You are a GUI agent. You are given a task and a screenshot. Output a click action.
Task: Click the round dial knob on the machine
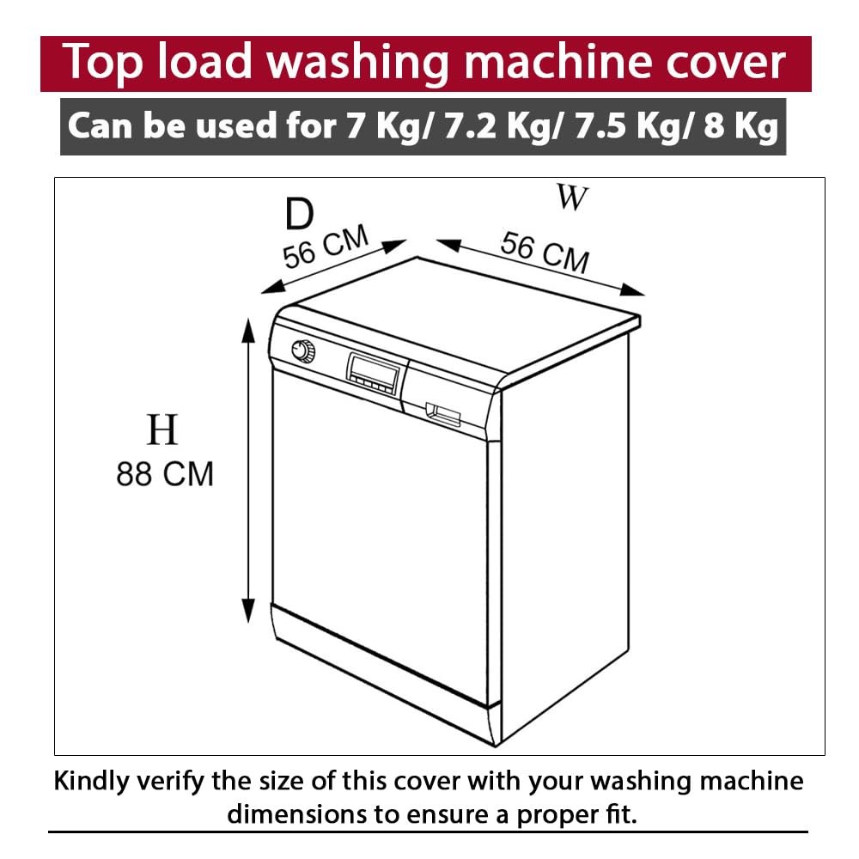[x=303, y=350]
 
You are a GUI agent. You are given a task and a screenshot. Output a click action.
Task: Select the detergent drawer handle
[x=442, y=415]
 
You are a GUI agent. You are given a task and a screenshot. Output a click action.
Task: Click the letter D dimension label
[x=299, y=214]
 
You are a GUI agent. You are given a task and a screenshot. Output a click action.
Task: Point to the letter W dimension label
[x=572, y=198]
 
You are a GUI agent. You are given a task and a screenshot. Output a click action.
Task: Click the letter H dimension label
[x=162, y=430]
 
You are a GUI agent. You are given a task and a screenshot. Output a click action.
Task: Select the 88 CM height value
[x=164, y=474]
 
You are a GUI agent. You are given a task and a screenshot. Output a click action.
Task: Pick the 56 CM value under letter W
[x=545, y=252]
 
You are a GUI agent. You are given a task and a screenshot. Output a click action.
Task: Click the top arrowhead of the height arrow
[x=249, y=329]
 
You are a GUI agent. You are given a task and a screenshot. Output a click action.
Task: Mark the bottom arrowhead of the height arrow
[x=249, y=611]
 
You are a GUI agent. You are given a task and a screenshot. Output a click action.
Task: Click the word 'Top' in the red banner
[x=102, y=63]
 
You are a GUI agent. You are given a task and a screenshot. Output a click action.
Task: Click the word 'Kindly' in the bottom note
[x=92, y=782]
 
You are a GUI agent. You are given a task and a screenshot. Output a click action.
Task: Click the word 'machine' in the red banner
[x=560, y=62]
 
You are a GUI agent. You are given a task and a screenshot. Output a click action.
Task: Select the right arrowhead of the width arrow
[x=633, y=290]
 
